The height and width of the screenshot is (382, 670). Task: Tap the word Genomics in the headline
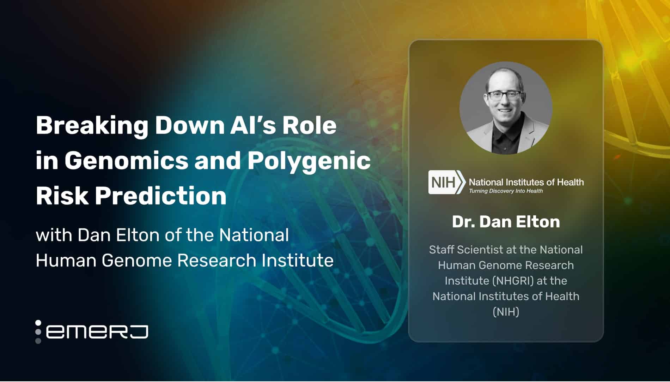point(126,161)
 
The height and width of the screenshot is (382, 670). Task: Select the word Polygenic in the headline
point(309,161)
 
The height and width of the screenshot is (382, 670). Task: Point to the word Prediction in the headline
point(160,196)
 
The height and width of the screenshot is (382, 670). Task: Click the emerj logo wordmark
point(97,332)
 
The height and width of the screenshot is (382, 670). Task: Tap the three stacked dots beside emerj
point(38,332)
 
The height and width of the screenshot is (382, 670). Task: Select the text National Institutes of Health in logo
point(526,182)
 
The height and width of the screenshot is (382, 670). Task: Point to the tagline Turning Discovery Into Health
point(505,191)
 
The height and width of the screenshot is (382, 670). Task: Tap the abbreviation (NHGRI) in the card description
point(512,281)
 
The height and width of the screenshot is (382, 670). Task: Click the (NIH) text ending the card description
point(506,312)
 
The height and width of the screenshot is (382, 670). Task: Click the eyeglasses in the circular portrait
point(504,95)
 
